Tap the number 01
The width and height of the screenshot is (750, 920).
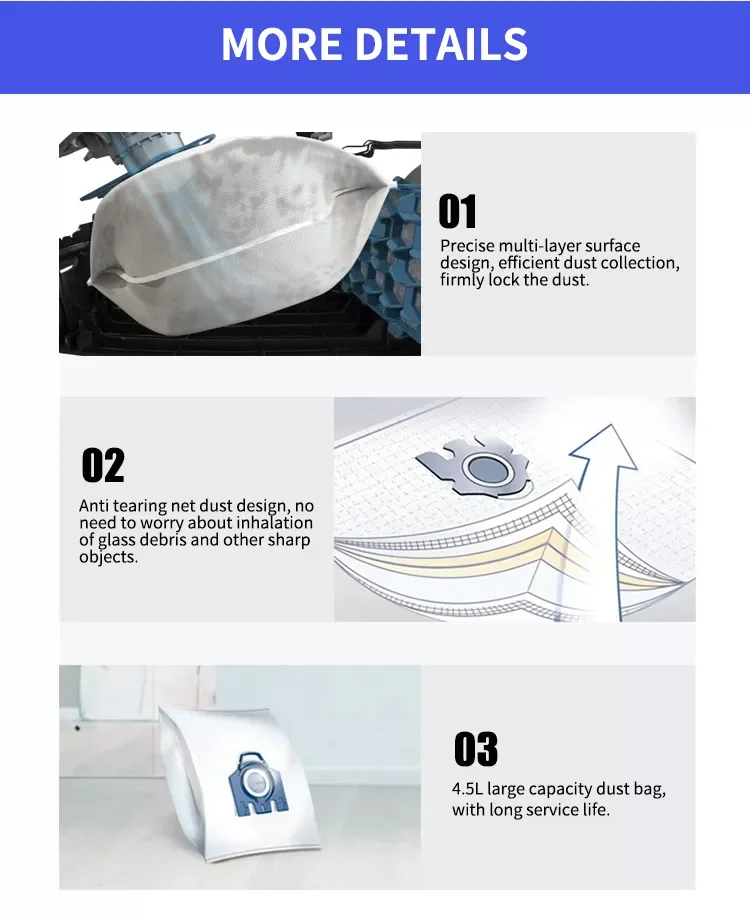click(x=458, y=212)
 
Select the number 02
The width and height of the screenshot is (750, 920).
click(x=103, y=465)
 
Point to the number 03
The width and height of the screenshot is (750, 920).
click(x=476, y=749)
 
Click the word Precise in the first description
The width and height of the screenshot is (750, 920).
click(x=468, y=246)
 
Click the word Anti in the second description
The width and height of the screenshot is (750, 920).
click(x=96, y=506)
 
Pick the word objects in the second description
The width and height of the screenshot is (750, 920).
click(x=107, y=557)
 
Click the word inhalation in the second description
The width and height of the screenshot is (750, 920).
click(x=272, y=523)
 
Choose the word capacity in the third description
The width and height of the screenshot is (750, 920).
click(x=568, y=789)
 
